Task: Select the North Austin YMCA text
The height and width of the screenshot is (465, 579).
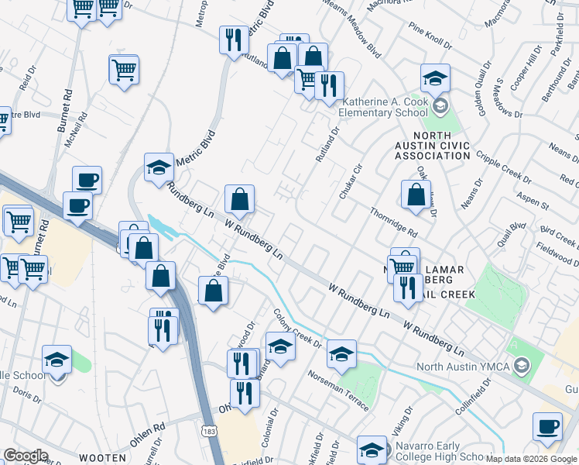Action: pos(464,367)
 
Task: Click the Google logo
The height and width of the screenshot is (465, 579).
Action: pos(26,456)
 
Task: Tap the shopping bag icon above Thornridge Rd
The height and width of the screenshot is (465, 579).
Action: pos(416,196)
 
